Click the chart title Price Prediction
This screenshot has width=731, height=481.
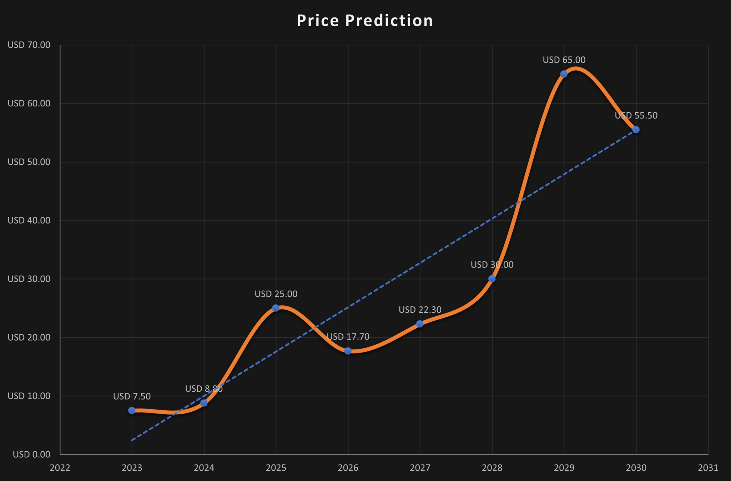coord(365,21)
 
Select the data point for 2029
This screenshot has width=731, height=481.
coord(564,74)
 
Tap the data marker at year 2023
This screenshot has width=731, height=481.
coord(132,410)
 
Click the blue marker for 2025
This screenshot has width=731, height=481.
coord(276,308)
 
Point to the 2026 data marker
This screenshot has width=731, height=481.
coord(348,351)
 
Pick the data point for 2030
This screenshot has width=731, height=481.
coord(636,130)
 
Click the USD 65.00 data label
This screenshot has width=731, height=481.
coord(564,60)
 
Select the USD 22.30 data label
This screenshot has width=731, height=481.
coord(420,310)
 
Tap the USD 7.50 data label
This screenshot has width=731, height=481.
coord(132,396)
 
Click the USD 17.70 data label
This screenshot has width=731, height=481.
coord(348,337)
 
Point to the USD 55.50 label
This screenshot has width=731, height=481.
coord(636,115)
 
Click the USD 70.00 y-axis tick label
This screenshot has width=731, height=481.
coord(29,45)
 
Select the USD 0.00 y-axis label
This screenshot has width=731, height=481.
coord(31,454)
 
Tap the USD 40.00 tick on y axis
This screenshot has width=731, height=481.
coord(29,220)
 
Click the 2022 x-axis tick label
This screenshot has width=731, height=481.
coord(60,468)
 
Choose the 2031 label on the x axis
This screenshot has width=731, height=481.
coord(708,468)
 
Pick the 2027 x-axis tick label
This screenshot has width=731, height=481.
coord(420,468)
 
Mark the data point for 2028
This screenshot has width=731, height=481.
coord(492,279)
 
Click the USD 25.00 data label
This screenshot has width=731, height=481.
coord(276,294)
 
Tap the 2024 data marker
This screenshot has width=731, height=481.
coord(204,403)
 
